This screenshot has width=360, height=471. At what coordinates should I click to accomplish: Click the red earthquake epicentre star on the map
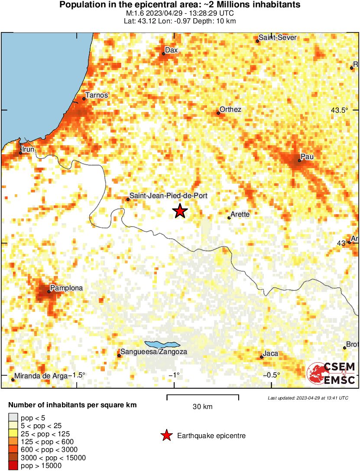click(180, 211)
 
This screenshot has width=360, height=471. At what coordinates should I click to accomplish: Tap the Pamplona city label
click(66, 288)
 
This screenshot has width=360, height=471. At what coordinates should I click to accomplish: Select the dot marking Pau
click(299, 161)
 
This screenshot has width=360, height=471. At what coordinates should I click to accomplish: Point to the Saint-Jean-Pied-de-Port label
click(169, 196)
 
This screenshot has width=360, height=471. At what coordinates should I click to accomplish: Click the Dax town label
click(172, 50)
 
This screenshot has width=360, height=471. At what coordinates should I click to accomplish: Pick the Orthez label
click(230, 110)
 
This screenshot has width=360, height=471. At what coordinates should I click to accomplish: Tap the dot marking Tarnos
click(84, 99)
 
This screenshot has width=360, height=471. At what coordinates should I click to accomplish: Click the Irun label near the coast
click(28, 149)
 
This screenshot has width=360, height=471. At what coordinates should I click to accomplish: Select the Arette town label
click(240, 214)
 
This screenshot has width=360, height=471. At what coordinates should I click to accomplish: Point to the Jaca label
click(271, 354)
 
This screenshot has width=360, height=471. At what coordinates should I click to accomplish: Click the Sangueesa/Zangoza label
click(154, 352)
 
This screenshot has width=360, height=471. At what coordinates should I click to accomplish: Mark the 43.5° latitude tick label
click(340, 110)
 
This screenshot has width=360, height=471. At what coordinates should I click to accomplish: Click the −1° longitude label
click(174, 375)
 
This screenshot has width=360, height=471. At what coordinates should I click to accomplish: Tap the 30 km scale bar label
click(202, 406)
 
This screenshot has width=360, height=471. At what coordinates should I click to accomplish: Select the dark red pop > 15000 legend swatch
click(13, 466)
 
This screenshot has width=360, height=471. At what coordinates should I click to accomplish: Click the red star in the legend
click(166, 435)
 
